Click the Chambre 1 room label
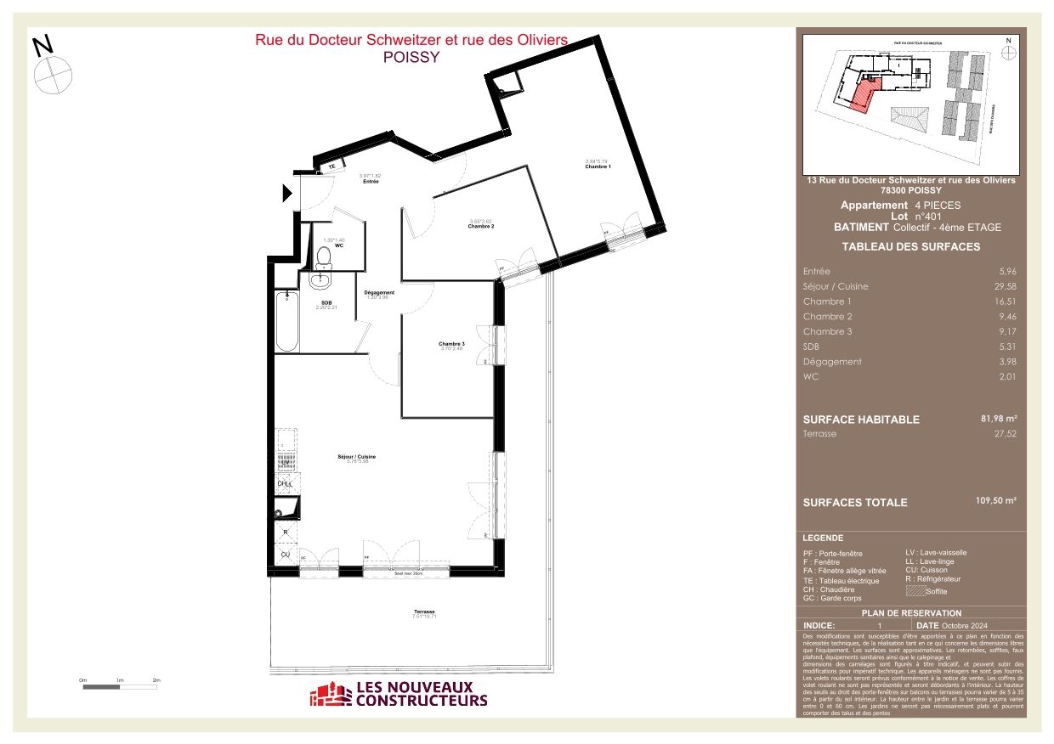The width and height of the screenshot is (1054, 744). [598, 166]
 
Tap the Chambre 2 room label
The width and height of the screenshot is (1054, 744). [480, 226]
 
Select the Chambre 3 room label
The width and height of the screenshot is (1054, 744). [451, 344]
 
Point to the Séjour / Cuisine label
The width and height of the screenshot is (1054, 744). [356, 457]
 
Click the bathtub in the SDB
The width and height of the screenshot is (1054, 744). [286, 320]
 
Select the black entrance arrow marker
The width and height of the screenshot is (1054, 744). [287, 194]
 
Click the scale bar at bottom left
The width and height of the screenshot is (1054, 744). [120, 686]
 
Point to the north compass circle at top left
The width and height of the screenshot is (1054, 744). [54, 74]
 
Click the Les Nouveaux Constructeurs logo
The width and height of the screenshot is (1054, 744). [399, 694]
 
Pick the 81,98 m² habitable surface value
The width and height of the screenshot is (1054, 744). [999, 419]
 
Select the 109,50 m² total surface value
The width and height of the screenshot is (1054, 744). [996, 501]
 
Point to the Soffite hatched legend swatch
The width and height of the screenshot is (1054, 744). [915, 590]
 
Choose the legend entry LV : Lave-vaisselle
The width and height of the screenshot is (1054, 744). [936, 552]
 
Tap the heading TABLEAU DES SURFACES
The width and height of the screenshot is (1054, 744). [910, 247]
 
